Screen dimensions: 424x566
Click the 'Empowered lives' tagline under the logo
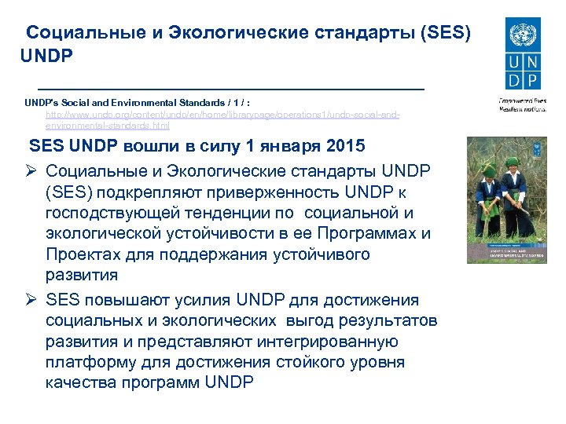[518, 101]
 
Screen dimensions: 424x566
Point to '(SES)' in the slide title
[447, 33]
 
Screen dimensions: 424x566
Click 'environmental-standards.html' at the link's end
[108, 125]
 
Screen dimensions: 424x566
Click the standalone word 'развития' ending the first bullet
[82, 275]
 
